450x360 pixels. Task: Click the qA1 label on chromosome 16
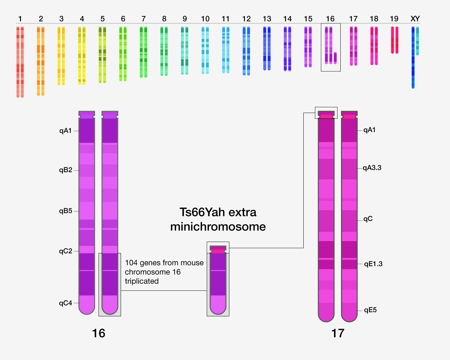[65, 131]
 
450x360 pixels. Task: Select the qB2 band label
[65, 170]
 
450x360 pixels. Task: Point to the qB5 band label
[65, 211]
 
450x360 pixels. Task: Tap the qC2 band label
[65, 251]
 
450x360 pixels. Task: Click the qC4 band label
[65, 303]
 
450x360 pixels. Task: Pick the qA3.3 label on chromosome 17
[372, 168]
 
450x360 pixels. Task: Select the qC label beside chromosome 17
[368, 219]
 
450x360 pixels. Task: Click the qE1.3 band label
[373, 264]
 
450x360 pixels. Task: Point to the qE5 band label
[370, 310]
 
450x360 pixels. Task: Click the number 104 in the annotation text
[131, 263]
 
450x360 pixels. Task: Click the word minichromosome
[218, 227]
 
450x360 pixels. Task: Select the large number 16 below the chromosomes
[98, 333]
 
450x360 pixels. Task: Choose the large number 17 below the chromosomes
[337, 333]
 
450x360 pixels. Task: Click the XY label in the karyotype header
[415, 19]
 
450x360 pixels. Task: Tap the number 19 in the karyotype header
[394, 19]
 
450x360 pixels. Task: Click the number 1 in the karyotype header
[20, 19]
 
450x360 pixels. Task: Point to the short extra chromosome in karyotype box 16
[335, 58]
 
